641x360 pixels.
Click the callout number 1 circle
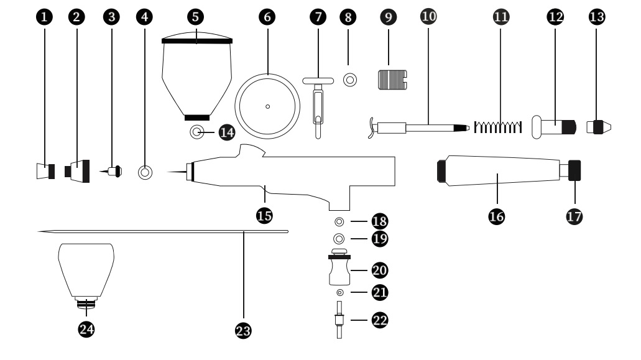pos(44,17)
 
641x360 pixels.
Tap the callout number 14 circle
pos(227,132)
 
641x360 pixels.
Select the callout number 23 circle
pos(243,331)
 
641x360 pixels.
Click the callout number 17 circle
pos(574,216)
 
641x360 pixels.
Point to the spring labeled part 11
pos(498,127)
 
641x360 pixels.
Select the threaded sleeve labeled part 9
pos(392,80)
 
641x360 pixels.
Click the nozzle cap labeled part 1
pos(46,171)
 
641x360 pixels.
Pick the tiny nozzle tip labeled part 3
pos(111,171)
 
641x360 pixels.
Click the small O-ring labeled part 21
pos(339,293)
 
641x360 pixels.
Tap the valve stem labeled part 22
pos(339,320)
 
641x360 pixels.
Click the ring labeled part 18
pos(339,222)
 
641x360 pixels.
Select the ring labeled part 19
pos(339,239)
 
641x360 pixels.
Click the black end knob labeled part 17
pos(574,170)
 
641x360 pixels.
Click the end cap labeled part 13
pos(599,127)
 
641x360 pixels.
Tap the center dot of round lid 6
pos(268,107)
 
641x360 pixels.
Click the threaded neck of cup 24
pos(86,303)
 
